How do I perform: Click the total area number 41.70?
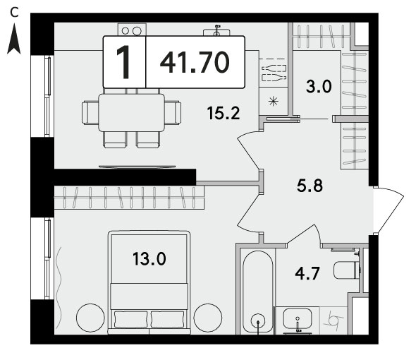tap(195, 62)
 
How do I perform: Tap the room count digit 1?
tap(123, 62)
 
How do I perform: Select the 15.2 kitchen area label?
tap(224, 113)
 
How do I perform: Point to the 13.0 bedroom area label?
tap(149, 258)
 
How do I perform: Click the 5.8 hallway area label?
tap(310, 186)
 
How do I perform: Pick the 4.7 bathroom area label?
tap(307, 273)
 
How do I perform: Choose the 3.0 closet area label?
tap(319, 86)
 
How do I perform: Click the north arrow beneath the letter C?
tap(14, 39)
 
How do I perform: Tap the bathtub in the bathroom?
tap(258, 292)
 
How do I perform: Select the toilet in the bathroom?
tap(347, 270)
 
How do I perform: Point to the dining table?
tap(131, 112)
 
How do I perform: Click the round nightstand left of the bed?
tap(90, 318)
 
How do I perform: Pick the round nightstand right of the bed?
tap(208, 318)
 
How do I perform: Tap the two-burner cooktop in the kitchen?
tap(132, 30)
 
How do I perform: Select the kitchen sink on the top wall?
tap(216, 31)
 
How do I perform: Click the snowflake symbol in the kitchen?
tap(273, 101)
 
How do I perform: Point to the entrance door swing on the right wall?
tap(389, 210)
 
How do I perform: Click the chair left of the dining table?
tap(90, 113)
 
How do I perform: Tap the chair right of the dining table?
tap(173, 113)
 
